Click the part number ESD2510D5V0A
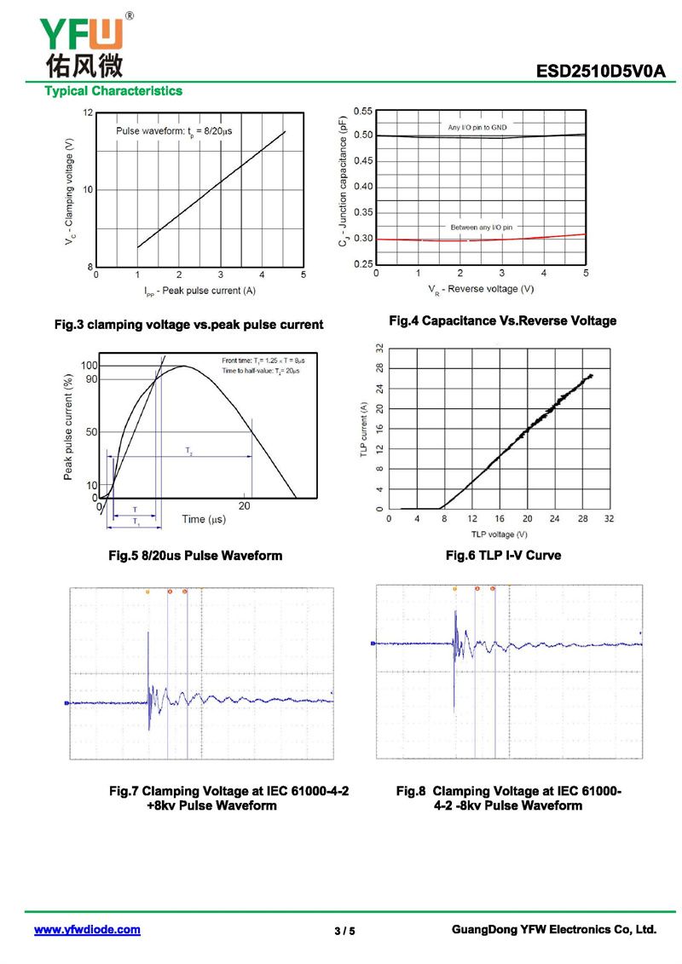[600, 72]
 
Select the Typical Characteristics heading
[113, 90]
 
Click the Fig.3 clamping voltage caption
[188, 325]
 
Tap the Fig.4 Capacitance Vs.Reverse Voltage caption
[502, 320]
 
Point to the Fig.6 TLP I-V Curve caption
[503, 555]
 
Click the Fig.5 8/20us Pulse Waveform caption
[195, 555]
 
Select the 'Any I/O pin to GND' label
[477, 127]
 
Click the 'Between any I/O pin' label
[482, 228]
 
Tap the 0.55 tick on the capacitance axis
[361, 112]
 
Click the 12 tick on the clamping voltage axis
[88, 113]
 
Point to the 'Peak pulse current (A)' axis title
[199, 292]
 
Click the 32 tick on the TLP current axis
[379, 348]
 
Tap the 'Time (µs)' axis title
[203, 519]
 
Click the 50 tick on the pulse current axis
[91, 432]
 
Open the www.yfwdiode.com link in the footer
[87, 930]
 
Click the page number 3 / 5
[344, 931]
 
